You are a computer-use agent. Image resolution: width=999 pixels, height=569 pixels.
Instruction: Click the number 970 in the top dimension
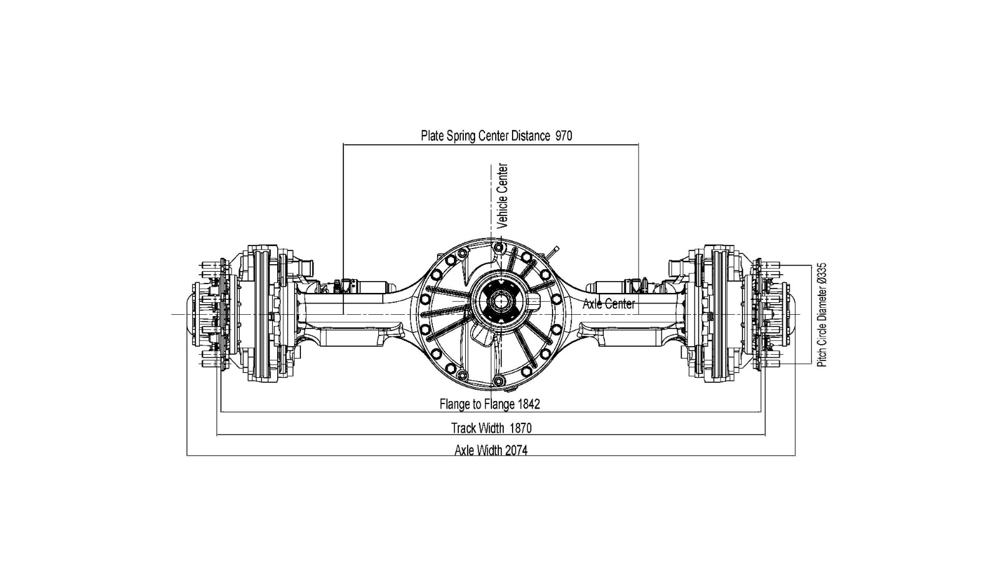click(563, 136)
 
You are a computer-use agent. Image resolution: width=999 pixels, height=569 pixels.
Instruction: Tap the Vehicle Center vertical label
click(503, 195)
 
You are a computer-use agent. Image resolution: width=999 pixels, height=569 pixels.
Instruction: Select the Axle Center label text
click(608, 304)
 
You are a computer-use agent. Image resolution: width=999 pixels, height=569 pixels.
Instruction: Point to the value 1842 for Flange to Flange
click(528, 404)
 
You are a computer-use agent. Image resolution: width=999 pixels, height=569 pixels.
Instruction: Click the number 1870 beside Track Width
click(521, 428)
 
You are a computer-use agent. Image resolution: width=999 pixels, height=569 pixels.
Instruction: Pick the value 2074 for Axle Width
click(516, 450)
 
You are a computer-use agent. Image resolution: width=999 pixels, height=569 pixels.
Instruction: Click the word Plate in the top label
click(432, 136)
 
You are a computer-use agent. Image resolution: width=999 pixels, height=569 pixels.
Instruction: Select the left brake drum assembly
click(262, 314)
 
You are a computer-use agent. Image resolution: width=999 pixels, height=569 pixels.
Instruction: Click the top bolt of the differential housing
click(498, 248)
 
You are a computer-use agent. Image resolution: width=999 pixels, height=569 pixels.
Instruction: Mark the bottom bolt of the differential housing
click(498, 380)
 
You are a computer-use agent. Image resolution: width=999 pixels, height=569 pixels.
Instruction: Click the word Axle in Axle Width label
click(465, 450)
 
